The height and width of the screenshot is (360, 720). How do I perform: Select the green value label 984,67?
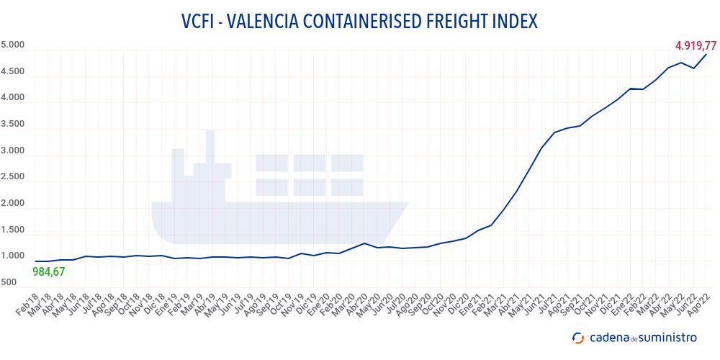pyautogui.click(x=49, y=271)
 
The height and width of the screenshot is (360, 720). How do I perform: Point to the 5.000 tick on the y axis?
pyautogui.click(x=13, y=45)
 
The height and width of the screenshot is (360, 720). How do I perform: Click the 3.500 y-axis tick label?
pyautogui.click(x=13, y=125)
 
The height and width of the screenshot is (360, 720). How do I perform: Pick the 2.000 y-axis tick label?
pyautogui.click(x=13, y=204)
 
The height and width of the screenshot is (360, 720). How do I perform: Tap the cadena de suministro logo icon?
pyautogui.click(x=578, y=338)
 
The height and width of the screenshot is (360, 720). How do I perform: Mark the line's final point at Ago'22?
pyautogui.click(x=706, y=55)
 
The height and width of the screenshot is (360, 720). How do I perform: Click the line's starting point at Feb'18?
pyautogui.click(x=35, y=261)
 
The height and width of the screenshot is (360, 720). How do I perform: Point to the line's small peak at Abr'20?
pyautogui.click(x=365, y=243)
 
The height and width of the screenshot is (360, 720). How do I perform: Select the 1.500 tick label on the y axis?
pyautogui.click(x=13, y=230)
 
